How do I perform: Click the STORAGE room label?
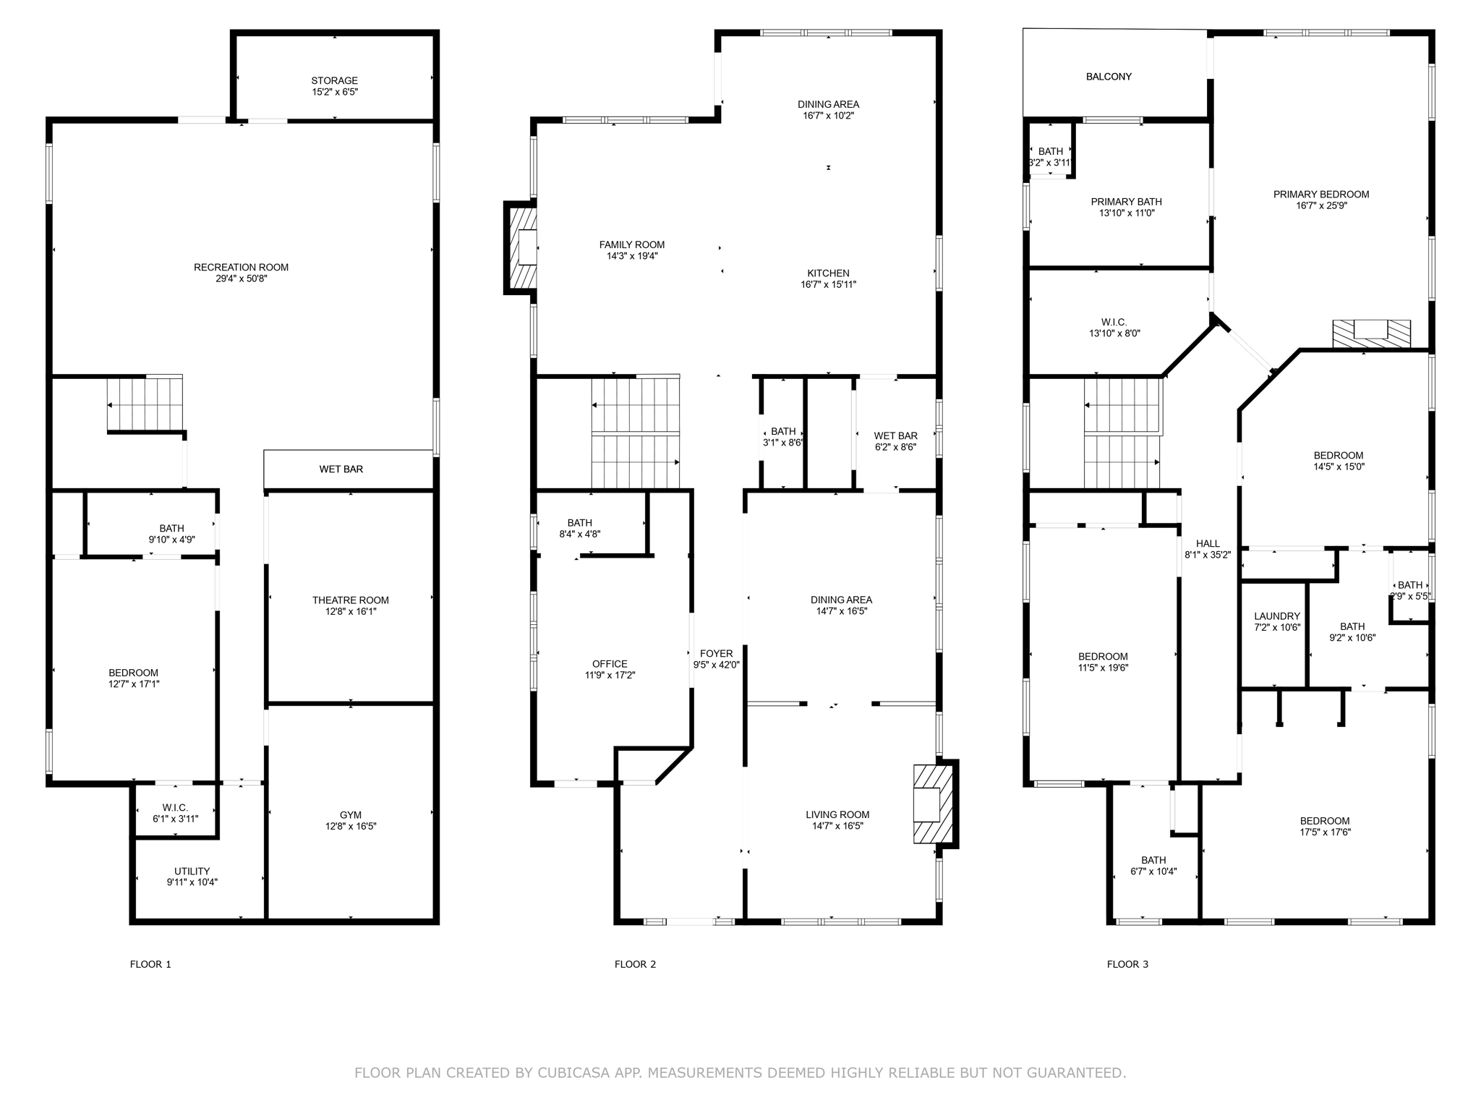(x=334, y=80)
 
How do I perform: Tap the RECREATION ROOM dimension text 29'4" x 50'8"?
(x=241, y=278)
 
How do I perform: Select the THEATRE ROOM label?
(x=350, y=600)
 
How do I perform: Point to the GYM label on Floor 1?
(x=350, y=814)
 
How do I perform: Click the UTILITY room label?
(x=192, y=871)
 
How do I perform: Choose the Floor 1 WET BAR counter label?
(x=341, y=469)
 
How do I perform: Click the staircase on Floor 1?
(x=145, y=403)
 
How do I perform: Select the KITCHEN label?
(x=828, y=273)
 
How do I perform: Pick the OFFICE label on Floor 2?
(x=610, y=663)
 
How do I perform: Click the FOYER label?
(x=716, y=653)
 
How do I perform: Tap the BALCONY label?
(x=1108, y=77)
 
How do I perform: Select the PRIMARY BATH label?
(x=1126, y=202)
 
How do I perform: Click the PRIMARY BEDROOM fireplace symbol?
(x=1370, y=332)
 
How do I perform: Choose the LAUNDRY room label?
(x=1276, y=616)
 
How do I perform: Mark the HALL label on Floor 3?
(x=1207, y=543)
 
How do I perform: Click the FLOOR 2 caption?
(x=635, y=964)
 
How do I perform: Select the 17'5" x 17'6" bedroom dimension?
(x=1324, y=832)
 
